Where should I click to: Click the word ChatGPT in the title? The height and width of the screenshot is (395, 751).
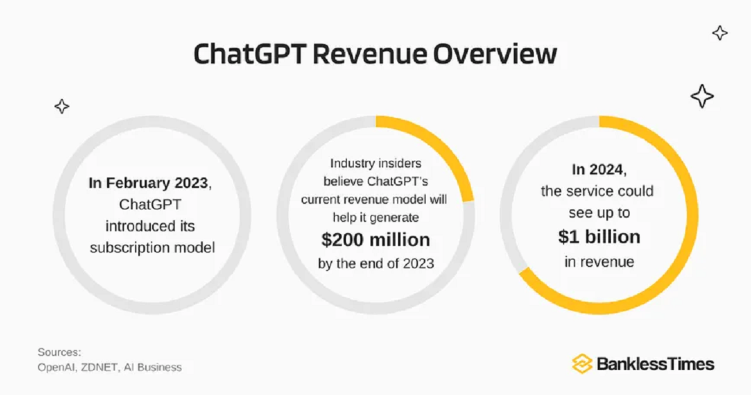[x=248, y=55]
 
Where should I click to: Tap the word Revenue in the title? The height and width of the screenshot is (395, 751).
[x=370, y=55]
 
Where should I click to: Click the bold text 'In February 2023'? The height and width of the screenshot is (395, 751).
[x=148, y=183]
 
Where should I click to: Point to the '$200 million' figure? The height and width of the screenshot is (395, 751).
[x=375, y=240]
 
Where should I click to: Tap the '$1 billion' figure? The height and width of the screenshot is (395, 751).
[x=599, y=237]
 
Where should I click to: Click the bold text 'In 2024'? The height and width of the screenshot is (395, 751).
[x=598, y=169]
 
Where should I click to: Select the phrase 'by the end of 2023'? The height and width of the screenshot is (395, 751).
[x=375, y=263]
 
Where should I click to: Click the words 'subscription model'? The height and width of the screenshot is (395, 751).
[x=152, y=248]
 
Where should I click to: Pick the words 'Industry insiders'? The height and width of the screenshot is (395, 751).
[x=375, y=164]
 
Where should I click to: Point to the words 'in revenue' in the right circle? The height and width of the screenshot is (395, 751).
[x=599, y=261]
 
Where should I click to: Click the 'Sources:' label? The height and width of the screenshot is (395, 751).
[x=59, y=352]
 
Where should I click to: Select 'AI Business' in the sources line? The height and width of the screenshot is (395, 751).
[x=153, y=367]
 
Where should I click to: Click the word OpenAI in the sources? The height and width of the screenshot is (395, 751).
[x=57, y=367]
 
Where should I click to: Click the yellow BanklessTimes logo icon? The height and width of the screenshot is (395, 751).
[x=582, y=364]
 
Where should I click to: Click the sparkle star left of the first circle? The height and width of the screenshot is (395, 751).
[x=61, y=107]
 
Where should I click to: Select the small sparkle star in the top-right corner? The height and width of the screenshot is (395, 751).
[x=720, y=33]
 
